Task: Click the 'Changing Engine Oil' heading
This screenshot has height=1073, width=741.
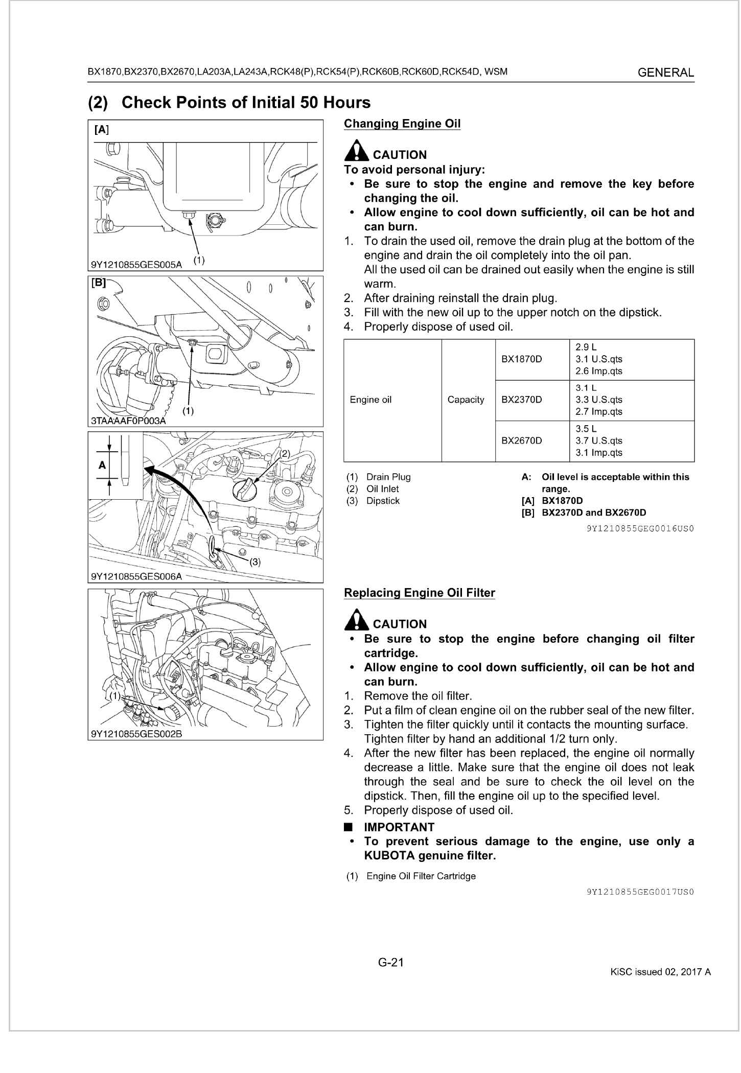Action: point(402,124)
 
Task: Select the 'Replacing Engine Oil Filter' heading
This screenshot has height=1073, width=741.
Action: point(420,593)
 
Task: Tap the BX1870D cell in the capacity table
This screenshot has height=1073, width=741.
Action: point(521,359)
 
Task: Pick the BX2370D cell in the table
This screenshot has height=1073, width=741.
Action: point(521,400)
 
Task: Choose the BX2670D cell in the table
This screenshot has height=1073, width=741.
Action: point(521,440)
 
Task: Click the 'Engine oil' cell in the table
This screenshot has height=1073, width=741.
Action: point(371,400)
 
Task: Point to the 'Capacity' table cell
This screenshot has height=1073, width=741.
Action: point(466,400)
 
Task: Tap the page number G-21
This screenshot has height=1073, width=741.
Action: point(391,963)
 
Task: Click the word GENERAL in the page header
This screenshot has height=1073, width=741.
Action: point(666,73)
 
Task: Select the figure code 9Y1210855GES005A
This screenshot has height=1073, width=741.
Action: point(136,265)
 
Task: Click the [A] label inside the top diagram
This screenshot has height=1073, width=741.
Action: point(102,130)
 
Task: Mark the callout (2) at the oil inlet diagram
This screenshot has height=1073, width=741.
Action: point(284,453)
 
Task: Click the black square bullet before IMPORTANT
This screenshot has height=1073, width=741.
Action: point(349,827)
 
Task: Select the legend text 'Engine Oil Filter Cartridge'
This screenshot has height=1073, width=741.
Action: point(421,876)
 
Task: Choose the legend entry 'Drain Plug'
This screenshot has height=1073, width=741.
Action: point(388,477)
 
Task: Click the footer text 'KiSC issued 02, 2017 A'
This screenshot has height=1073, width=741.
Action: point(660,972)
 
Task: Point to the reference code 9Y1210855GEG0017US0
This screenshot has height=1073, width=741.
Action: point(640,892)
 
